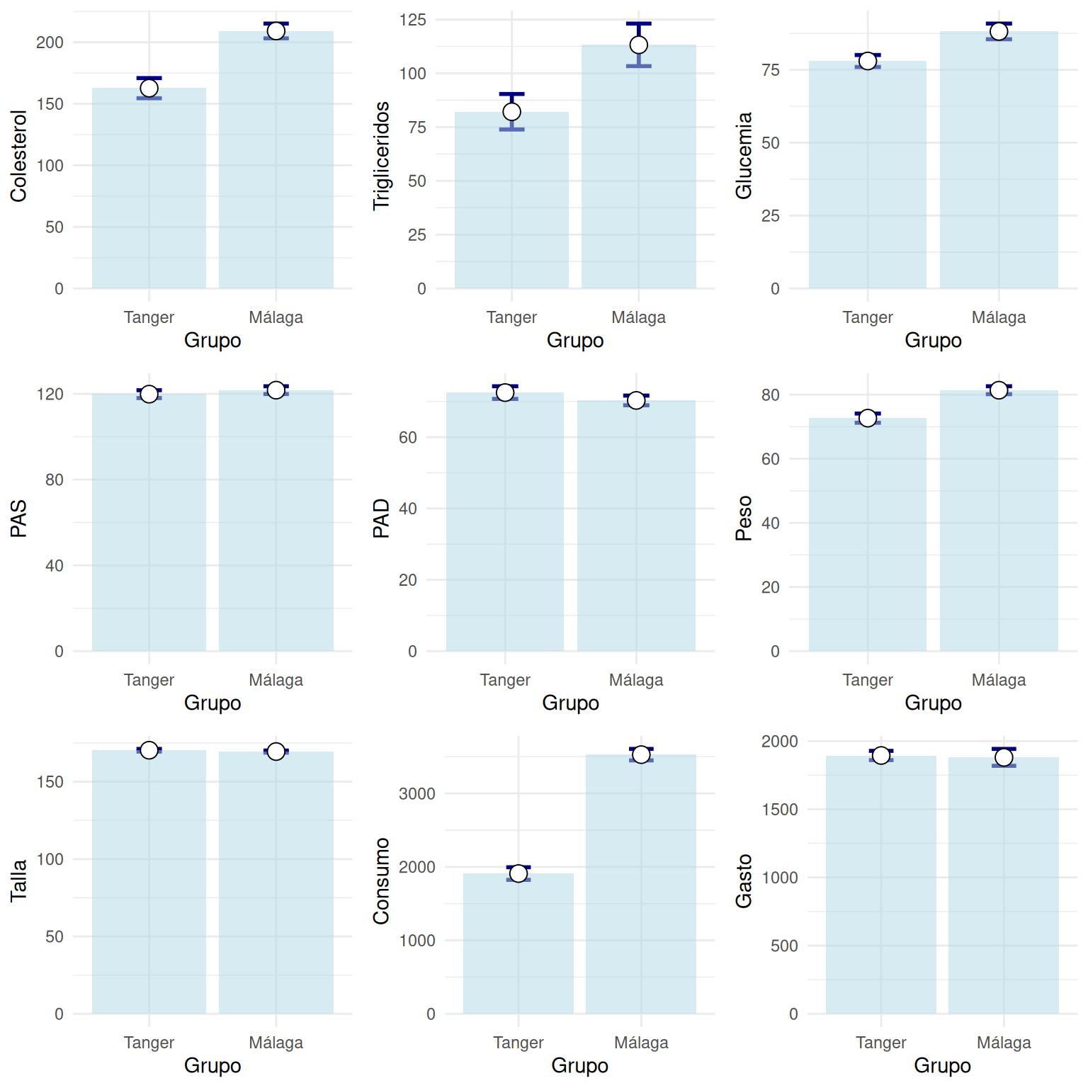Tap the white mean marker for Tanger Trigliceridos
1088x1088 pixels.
[x=511, y=112]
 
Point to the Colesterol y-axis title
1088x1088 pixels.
[x=18, y=156]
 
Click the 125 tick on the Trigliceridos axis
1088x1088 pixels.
[x=413, y=20]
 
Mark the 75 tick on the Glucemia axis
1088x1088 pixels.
[x=771, y=70]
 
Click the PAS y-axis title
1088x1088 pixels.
[x=18, y=518]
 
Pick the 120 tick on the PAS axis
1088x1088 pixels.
[x=50, y=394]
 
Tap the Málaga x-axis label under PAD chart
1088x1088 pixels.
[x=636, y=680]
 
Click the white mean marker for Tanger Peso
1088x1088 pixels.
[x=868, y=419]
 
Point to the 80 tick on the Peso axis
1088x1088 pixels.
[x=771, y=395]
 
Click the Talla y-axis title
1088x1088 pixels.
[x=18, y=880]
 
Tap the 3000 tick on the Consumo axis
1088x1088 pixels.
[x=417, y=794]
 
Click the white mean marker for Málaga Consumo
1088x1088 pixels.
[x=641, y=755]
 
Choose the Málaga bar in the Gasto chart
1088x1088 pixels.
[x=1004, y=885]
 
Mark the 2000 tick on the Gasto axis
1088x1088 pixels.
[x=780, y=742]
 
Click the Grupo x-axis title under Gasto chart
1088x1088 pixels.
[x=942, y=1065]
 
